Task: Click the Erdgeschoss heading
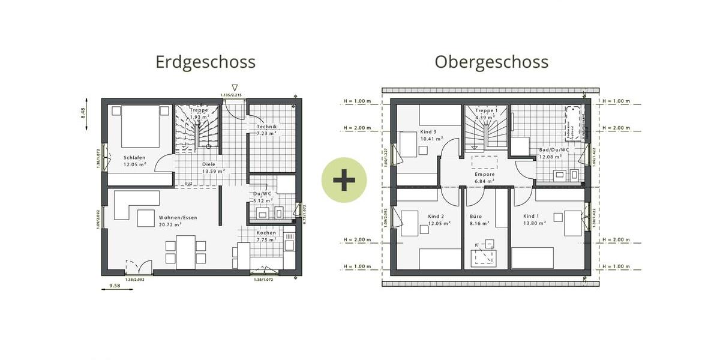pyautogui.click(x=205, y=62)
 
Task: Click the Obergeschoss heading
pyautogui.click(x=491, y=62)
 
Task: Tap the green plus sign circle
pyautogui.click(x=344, y=180)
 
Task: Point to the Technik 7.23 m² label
pyautogui.click(x=266, y=130)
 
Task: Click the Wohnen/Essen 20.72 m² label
pyautogui.click(x=178, y=221)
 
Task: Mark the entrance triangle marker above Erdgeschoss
pyautogui.click(x=235, y=88)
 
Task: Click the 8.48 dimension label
pyautogui.click(x=83, y=113)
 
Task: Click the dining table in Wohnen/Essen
pyautogui.click(x=185, y=251)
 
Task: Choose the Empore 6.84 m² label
pyautogui.click(x=485, y=178)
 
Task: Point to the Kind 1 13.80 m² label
pyautogui.click(x=534, y=219)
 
